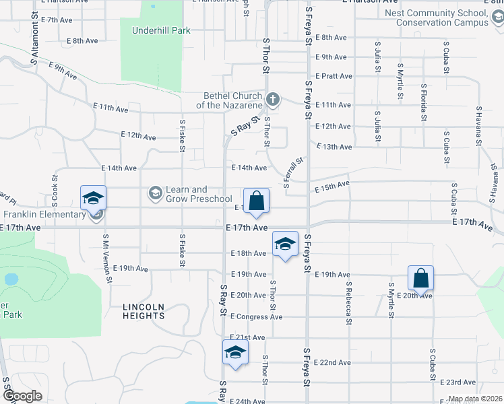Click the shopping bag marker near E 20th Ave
coord(420,279)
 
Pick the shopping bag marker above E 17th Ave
coord(256,201)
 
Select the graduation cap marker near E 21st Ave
coord(235,353)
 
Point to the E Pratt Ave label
coord(333,76)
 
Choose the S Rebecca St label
coord(349,302)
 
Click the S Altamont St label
coord(33,42)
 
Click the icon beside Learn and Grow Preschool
coord(155,194)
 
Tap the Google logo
coord(22,396)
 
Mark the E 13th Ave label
coord(333,147)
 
